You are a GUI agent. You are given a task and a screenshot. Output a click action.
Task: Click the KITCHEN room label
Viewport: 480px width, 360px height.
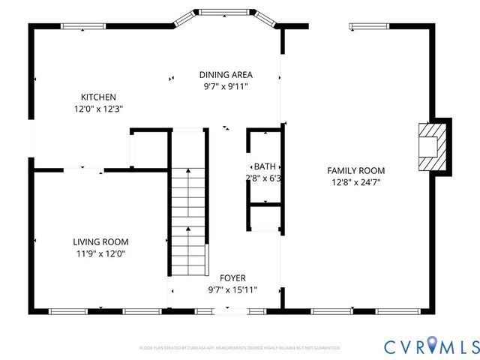click(x=98, y=97)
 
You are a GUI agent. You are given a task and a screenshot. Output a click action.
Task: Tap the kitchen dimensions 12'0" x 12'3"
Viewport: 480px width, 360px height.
click(x=98, y=109)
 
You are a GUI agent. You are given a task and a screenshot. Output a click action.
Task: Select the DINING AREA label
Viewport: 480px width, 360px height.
click(x=226, y=74)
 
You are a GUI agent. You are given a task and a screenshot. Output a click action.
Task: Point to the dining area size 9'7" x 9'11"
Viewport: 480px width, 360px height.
click(x=226, y=86)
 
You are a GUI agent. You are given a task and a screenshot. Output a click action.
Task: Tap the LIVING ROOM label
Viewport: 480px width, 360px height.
click(x=100, y=241)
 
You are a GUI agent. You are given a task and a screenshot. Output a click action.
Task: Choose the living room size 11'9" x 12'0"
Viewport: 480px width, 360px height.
click(x=100, y=253)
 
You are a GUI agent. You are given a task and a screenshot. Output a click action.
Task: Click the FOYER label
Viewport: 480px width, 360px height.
click(x=232, y=277)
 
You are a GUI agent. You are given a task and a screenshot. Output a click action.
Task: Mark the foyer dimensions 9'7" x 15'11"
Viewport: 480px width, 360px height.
click(x=232, y=289)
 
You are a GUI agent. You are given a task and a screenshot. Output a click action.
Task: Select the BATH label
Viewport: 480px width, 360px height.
click(x=264, y=166)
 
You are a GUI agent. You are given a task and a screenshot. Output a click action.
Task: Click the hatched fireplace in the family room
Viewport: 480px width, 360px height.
click(x=430, y=147)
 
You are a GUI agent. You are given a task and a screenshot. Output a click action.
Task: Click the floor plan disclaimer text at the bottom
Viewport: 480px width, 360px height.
click(x=239, y=348)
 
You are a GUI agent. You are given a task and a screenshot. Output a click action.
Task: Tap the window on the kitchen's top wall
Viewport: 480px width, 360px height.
click(x=82, y=28)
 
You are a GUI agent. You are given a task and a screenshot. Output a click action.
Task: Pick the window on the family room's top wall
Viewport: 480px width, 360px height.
click(x=369, y=28)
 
